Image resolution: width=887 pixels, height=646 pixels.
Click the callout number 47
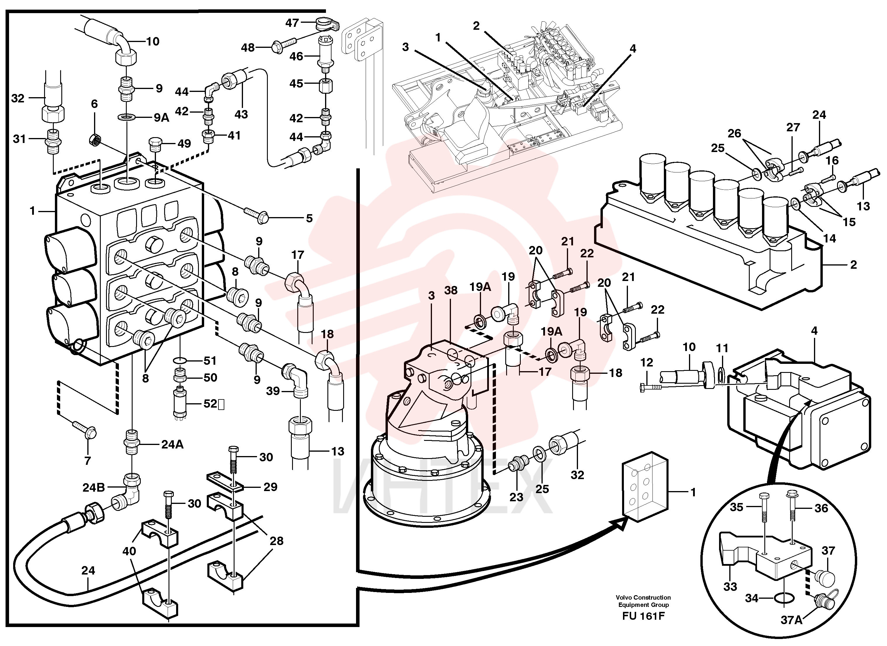click(x=292, y=23)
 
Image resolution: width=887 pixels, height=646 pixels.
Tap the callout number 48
click(x=248, y=48)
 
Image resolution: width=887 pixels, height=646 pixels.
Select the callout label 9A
click(x=161, y=117)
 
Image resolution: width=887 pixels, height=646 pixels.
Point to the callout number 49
click(x=184, y=144)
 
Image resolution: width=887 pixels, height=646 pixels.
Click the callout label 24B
click(x=93, y=488)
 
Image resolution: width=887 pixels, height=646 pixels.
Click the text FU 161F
click(x=643, y=616)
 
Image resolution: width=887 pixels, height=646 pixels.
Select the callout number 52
click(x=210, y=404)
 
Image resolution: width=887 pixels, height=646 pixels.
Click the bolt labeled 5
click(x=256, y=215)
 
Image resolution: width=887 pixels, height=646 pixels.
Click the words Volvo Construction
click(x=643, y=598)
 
